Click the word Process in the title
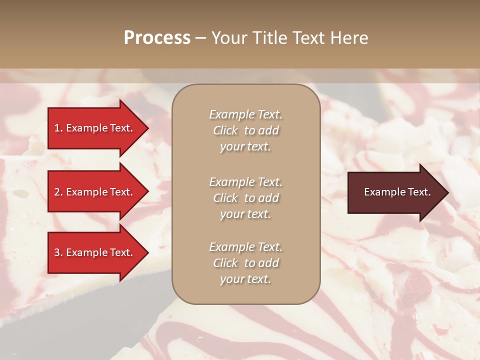pyautogui.click(x=157, y=38)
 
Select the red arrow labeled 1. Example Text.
pyautogui.click(x=97, y=128)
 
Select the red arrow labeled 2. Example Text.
pyautogui.click(x=97, y=192)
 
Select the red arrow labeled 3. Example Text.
pyautogui.click(x=97, y=252)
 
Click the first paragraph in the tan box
pyautogui.click(x=245, y=130)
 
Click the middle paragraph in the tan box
pyautogui.click(x=245, y=198)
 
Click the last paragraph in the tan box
pyautogui.click(x=245, y=263)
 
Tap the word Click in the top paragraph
pyautogui.click(x=225, y=130)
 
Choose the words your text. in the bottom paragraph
pyautogui.click(x=245, y=279)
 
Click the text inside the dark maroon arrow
pyautogui.click(x=397, y=192)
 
